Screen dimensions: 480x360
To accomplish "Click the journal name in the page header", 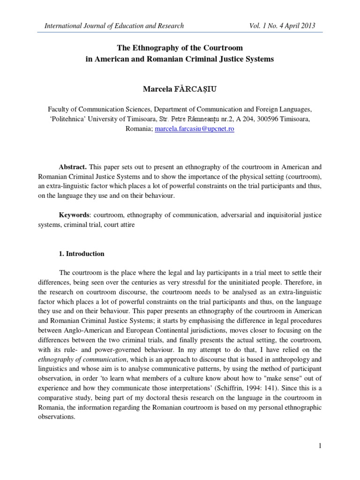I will click(114, 26).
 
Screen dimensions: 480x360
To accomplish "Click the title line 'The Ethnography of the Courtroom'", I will click(180, 48).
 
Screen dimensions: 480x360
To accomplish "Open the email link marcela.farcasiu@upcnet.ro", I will click(194, 129).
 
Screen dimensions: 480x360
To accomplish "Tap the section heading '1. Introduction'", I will click(81, 254).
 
